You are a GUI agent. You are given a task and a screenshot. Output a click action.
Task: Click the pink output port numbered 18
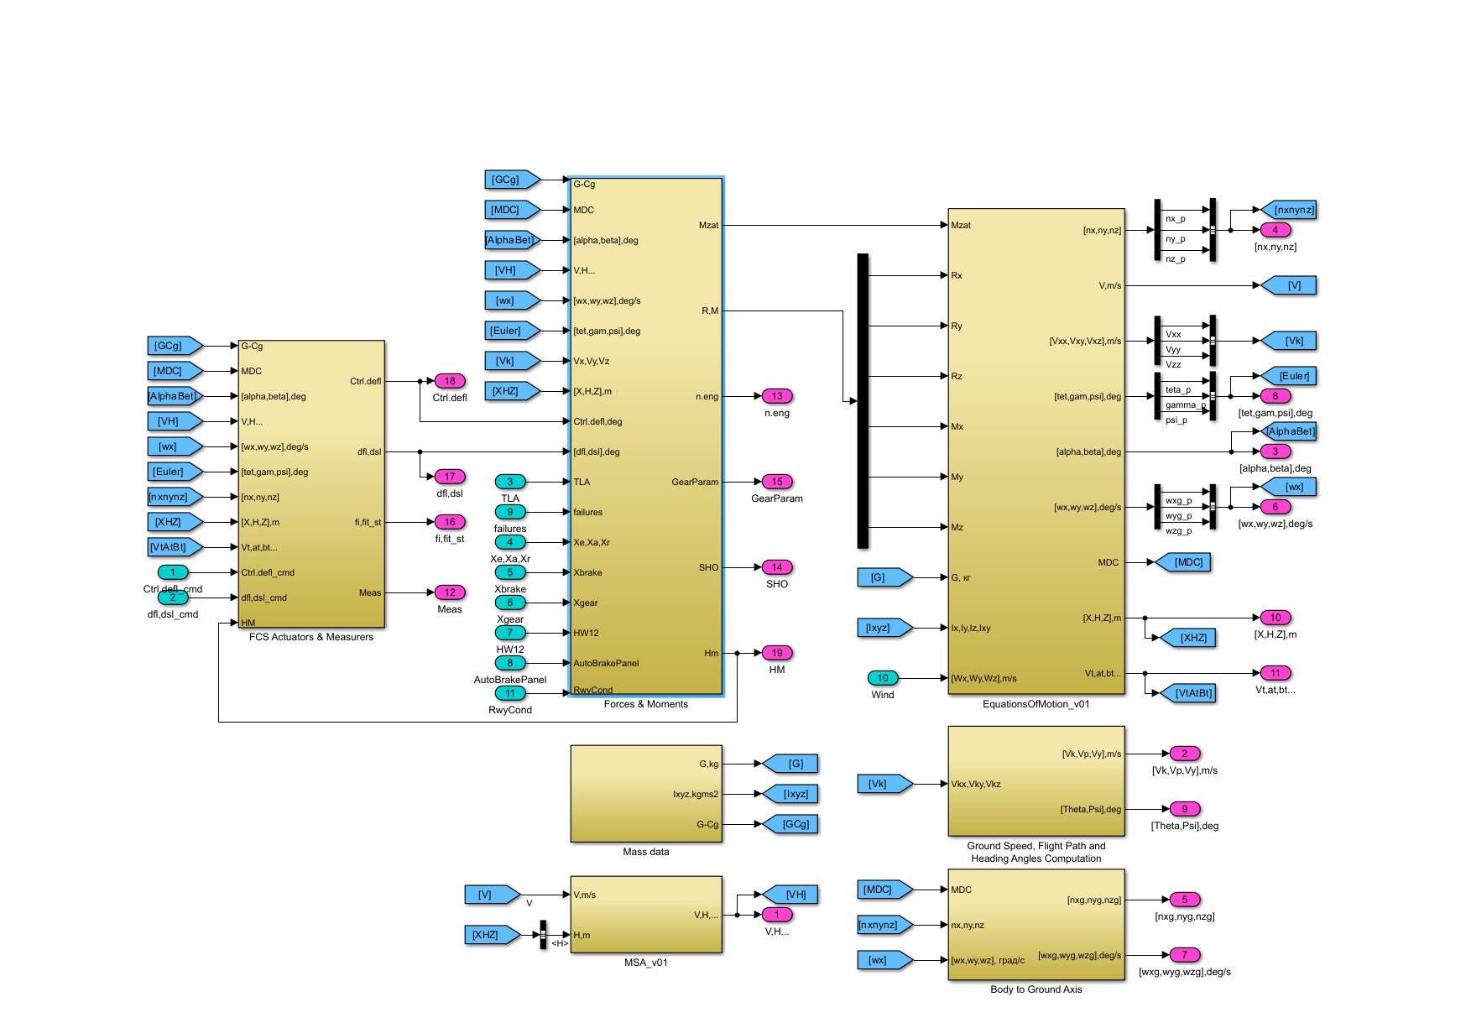pyautogui.click(x=450, y=381)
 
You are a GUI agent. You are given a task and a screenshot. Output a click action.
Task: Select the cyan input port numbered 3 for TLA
pyautogui.click(x=509, y=482)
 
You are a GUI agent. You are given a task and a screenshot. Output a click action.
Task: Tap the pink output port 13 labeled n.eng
pyautogui.click(x=777, y=396)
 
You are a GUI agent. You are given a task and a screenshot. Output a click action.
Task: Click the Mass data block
pyautogui.click(x=646, y=793)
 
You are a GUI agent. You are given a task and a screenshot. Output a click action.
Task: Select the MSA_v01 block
pyautogui.click(x=646, y=915)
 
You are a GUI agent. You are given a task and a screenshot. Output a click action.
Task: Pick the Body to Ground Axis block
pyautogui.click(x=1036, y=924)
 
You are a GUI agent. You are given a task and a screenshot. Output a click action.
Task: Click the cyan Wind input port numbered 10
pyautogui.click(x=882, y=678)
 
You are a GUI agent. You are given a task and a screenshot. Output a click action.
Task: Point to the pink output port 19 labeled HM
pyautogui.click(x=777, y=653)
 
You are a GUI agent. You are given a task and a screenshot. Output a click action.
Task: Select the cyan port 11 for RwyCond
pyautogui.click(x=509, y=693)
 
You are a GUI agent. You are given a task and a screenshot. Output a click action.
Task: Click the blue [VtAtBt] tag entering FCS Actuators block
pyautogui.click(x=174, y=547)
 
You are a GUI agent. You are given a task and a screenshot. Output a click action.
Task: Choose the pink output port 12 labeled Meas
pyautogui.click(x=450, y=592)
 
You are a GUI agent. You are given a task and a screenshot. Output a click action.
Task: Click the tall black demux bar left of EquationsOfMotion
pyautogui.click(x=863, y=401)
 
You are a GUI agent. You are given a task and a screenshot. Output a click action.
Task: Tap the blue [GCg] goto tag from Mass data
pyautogui.click(x=792, y=824)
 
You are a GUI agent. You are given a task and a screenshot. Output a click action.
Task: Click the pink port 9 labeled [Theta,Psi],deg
pyautogui.click(x=1184, y=809)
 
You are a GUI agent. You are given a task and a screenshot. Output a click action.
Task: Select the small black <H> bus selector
pyautogui.click(x=543, y=935)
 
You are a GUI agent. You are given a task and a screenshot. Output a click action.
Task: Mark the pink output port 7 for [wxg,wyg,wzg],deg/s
pyautogui.click(x=1184, y=955)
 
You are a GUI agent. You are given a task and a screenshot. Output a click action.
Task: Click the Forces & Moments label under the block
pyautogui.click(x=645, y=704)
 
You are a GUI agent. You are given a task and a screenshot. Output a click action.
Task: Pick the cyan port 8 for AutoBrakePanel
pyautogui.click(x=509, y=663)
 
